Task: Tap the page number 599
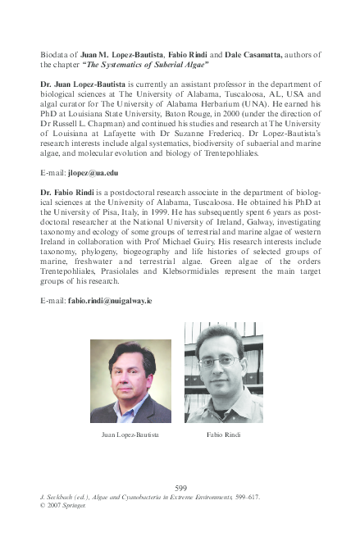181,489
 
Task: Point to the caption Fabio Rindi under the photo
223,434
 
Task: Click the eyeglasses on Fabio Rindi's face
219,360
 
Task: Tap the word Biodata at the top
55,54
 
